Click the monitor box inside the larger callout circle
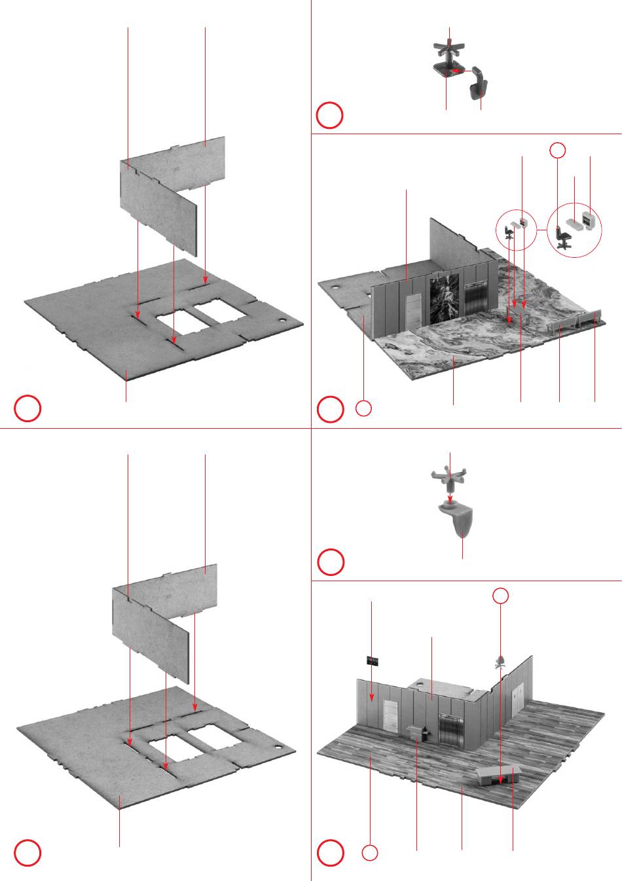pyautogui.click(x=588, y=219)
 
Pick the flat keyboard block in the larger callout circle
pyautogui.click(x=575, y=223)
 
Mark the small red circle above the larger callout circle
pyautogui.click(x=557, y=150)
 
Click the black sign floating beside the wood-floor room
pyautogui.click(x=373, y=660)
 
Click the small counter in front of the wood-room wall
pyautogui.click(x=417, y=733)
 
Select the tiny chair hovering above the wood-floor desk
pyautogui.click(x=500, y=662)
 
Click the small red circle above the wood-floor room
pyautogui.click(x=500, y=595)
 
